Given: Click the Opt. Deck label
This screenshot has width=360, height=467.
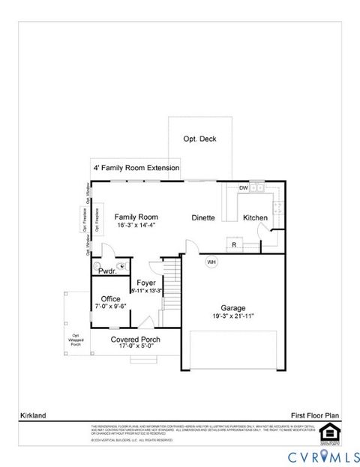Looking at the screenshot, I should [197, 139].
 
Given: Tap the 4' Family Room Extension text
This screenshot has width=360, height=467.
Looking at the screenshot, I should [136, 168].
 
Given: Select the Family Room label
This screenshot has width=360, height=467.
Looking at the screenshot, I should [134, 217].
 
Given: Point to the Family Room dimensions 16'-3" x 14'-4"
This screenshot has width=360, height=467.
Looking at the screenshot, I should [135, 225].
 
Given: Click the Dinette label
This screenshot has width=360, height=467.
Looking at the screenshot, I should [202, 217].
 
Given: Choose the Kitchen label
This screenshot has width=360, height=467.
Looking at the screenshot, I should [255, 217].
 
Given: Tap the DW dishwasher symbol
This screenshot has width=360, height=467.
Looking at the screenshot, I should [244, 187].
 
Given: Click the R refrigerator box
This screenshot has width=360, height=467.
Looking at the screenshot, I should [235, 244].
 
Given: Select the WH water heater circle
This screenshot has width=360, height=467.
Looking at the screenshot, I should [211, 262].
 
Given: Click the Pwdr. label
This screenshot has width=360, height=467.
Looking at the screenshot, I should [107, 271].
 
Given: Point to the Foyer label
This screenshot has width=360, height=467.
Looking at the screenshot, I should [146, 283].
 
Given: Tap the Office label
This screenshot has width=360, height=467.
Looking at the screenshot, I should [110, 298].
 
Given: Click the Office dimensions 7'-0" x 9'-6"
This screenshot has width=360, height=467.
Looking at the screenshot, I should [110, 307].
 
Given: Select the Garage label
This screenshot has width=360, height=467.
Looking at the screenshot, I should [232, 307].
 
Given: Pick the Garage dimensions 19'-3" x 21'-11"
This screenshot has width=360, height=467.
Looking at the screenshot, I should [232, 316].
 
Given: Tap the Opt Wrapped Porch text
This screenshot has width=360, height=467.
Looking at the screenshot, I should [75, 339].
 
